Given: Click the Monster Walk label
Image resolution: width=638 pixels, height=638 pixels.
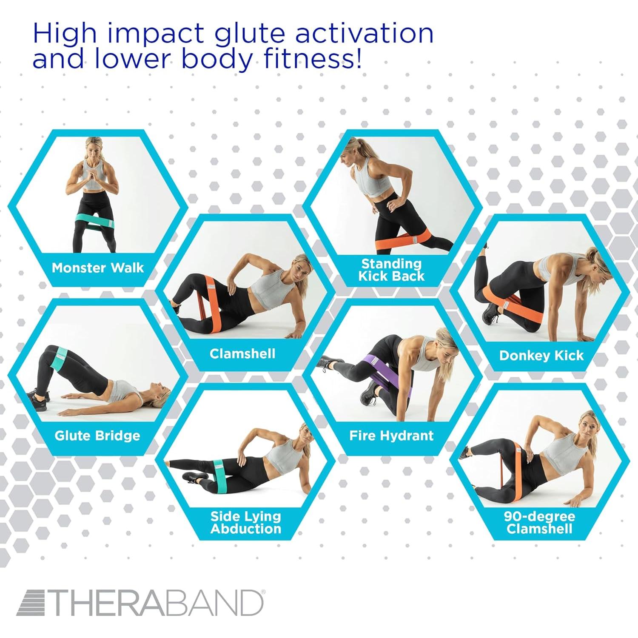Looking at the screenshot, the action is pos(98,268).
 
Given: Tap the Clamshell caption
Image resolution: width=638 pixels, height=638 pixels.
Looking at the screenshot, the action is pos(242,354).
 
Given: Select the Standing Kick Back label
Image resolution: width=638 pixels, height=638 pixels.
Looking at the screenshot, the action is pos(391,270).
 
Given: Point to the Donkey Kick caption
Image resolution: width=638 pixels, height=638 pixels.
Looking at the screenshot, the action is pos(541,356).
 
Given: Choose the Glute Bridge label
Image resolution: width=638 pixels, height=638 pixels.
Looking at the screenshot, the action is pos(97,436).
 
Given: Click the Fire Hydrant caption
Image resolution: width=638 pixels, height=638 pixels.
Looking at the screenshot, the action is pos(391,436).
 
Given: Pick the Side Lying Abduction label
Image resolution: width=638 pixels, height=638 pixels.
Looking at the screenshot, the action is pos(246,523).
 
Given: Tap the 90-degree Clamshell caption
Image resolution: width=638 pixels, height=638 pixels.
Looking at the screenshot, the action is pos(539,523).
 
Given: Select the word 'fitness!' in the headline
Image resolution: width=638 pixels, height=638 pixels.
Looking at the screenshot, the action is pos(313,58).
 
